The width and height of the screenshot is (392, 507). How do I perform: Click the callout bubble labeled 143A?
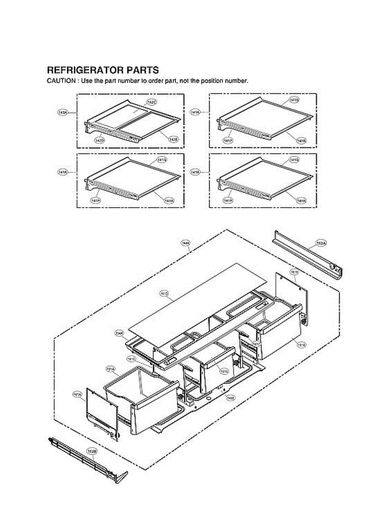click(x=63, y=112)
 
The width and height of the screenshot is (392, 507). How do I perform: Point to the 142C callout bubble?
click(x=152, y=102)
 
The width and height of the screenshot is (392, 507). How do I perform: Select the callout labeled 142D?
click(x=100, y=140)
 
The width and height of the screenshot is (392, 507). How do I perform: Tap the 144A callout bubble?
click(x=185, y=243)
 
